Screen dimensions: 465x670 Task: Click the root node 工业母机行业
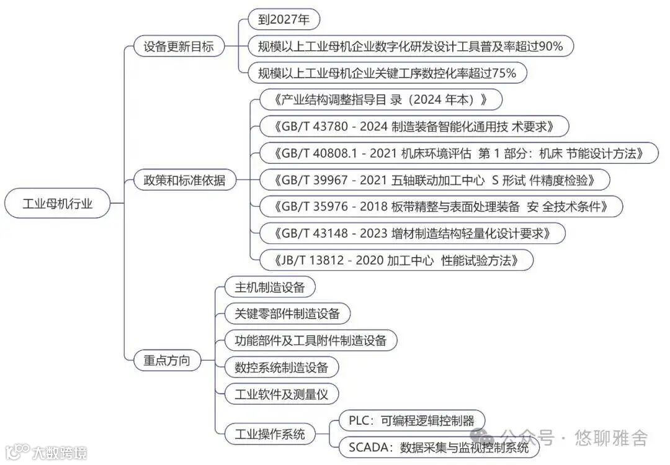58,204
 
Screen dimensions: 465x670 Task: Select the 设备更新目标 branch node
178,47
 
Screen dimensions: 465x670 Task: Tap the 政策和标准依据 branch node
184,181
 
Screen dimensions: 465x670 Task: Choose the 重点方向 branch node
167,359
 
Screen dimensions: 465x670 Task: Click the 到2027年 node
284,20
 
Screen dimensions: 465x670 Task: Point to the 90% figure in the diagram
550,47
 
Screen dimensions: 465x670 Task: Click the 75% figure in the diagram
503,73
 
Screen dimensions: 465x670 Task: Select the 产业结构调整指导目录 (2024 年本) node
380,99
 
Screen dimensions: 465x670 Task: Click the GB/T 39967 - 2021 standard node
434,180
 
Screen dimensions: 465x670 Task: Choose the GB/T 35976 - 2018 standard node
440,206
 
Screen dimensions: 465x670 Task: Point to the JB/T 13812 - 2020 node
396,260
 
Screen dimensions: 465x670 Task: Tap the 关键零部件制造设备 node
282,314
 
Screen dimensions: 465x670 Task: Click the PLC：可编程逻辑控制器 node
411,420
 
